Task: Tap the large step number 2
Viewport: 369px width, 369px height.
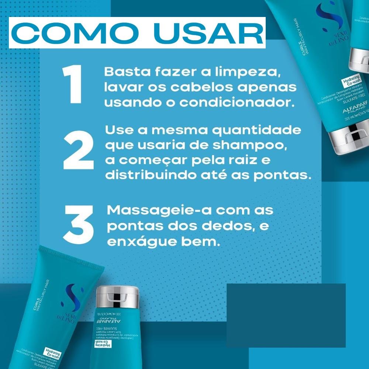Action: coord(78,153)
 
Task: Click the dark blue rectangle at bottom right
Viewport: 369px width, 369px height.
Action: coord(286,315)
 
